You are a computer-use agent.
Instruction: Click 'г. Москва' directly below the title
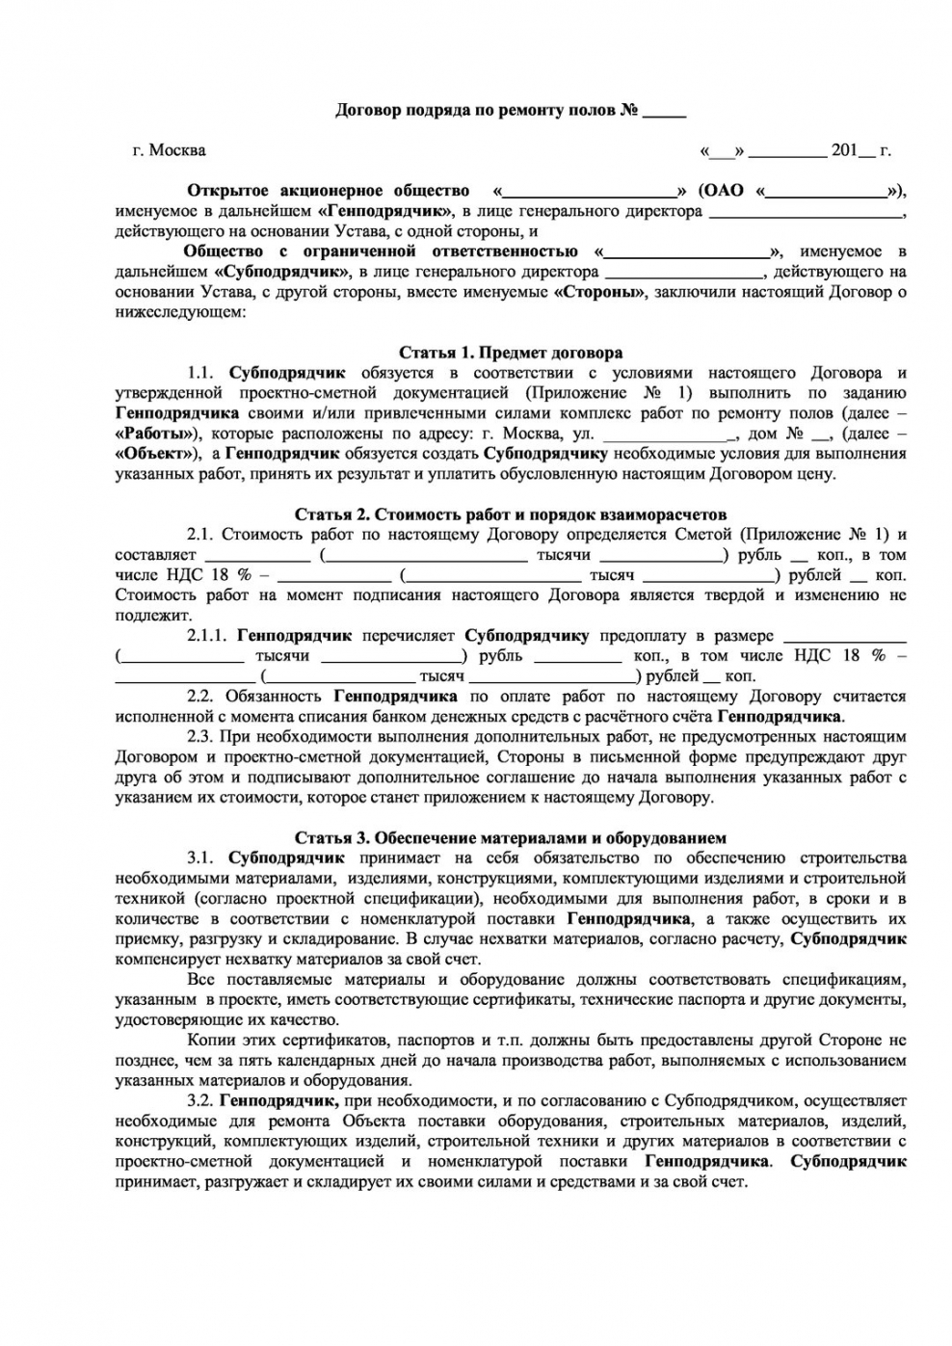(169, 150)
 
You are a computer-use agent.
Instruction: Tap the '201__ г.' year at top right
(859, 150)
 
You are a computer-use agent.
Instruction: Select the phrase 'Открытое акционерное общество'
(328, 191)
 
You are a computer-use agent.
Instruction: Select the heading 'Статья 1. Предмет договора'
(511, 353)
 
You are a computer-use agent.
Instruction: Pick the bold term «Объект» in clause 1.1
(158, 454)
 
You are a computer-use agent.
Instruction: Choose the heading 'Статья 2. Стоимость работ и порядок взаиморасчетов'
(511, 515)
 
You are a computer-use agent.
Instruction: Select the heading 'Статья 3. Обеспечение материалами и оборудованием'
(511, 838)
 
